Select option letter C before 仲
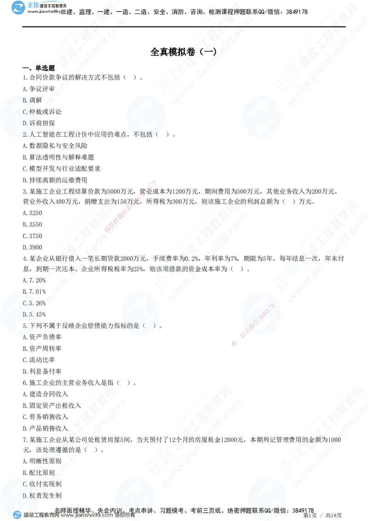click(x=25, y=111)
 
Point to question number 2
click(x=25, y=134)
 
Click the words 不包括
click(x=143, y=134)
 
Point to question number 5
click(x=25, y=325)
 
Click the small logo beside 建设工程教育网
click(x=17, y=515)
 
